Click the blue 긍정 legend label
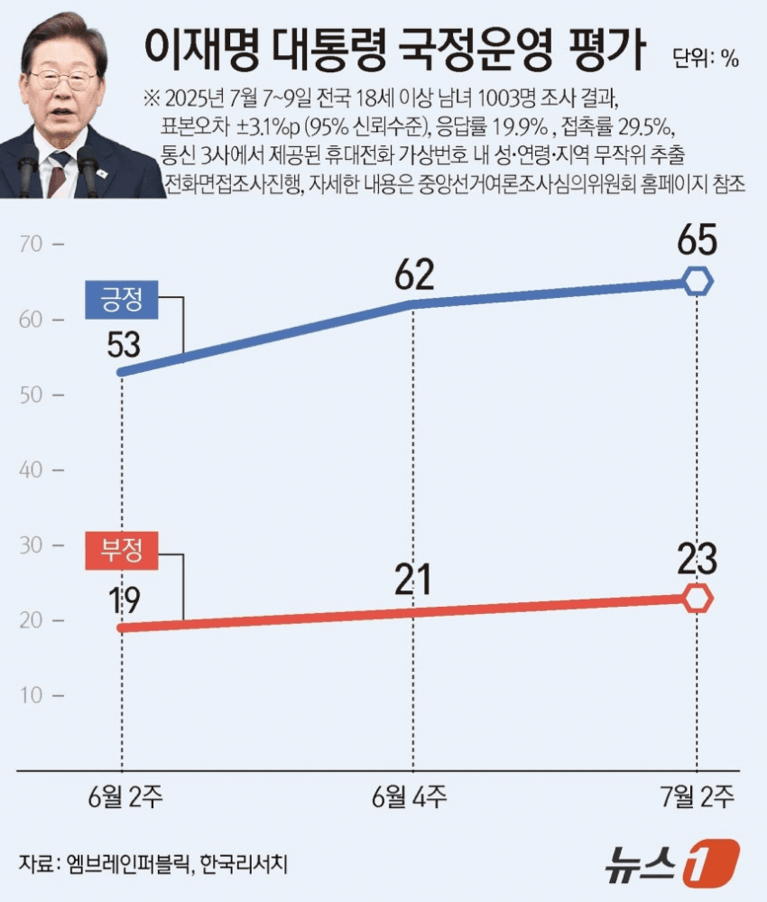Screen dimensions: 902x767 [x=122, y=299]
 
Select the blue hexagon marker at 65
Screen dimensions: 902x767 [x=697, y=282]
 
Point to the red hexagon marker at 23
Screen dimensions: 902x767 [x=697, y=598]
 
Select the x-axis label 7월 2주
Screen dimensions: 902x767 [x=698, y=798]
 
